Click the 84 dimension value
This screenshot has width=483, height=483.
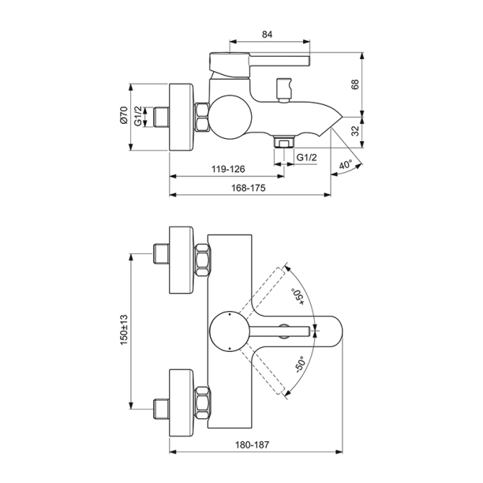click(x=267, y=34)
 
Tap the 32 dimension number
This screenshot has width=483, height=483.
click(x=355, y=130)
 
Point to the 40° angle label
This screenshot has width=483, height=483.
click(x=345, y=166)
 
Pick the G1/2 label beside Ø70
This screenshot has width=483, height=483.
click(x=138, y=118)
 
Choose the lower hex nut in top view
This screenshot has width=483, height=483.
click(x=202, y=399)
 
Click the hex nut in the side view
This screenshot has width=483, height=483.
click(x=202, y=118)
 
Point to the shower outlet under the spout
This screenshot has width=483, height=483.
click(x=282, y=141)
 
